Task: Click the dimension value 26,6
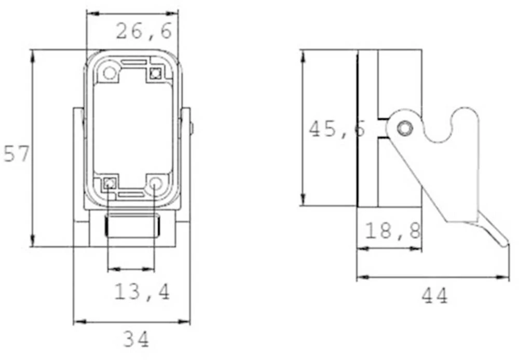click(x=144, y=32)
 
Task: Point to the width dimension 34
click(x=136, y=340)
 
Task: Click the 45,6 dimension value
click(x=337, y=129)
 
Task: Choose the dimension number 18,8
click(x=393, y=231)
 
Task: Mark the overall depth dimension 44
click(x=434, y=296)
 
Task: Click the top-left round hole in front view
click(x=110, y=72)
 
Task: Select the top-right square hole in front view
click(x=154, y=74)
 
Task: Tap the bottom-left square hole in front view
click(x=109, y=183)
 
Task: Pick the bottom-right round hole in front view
click(x=156, y=183)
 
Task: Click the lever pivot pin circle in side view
click(x=404, y=128)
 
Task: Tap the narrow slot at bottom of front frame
click(x=131, y=195)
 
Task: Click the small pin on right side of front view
click(x=192, y=128)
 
